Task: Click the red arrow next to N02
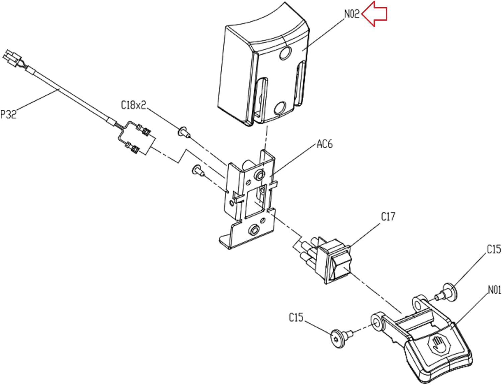tap(374, 14)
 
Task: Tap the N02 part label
tap(352, 14)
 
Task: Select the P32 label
tap(8, 114)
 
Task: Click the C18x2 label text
tap(134, 105)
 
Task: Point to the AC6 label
tap(325, 144)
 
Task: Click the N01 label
tap(494, 290)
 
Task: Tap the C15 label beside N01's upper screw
tap(494, 249)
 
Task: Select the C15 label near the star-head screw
tap(296, 317)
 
